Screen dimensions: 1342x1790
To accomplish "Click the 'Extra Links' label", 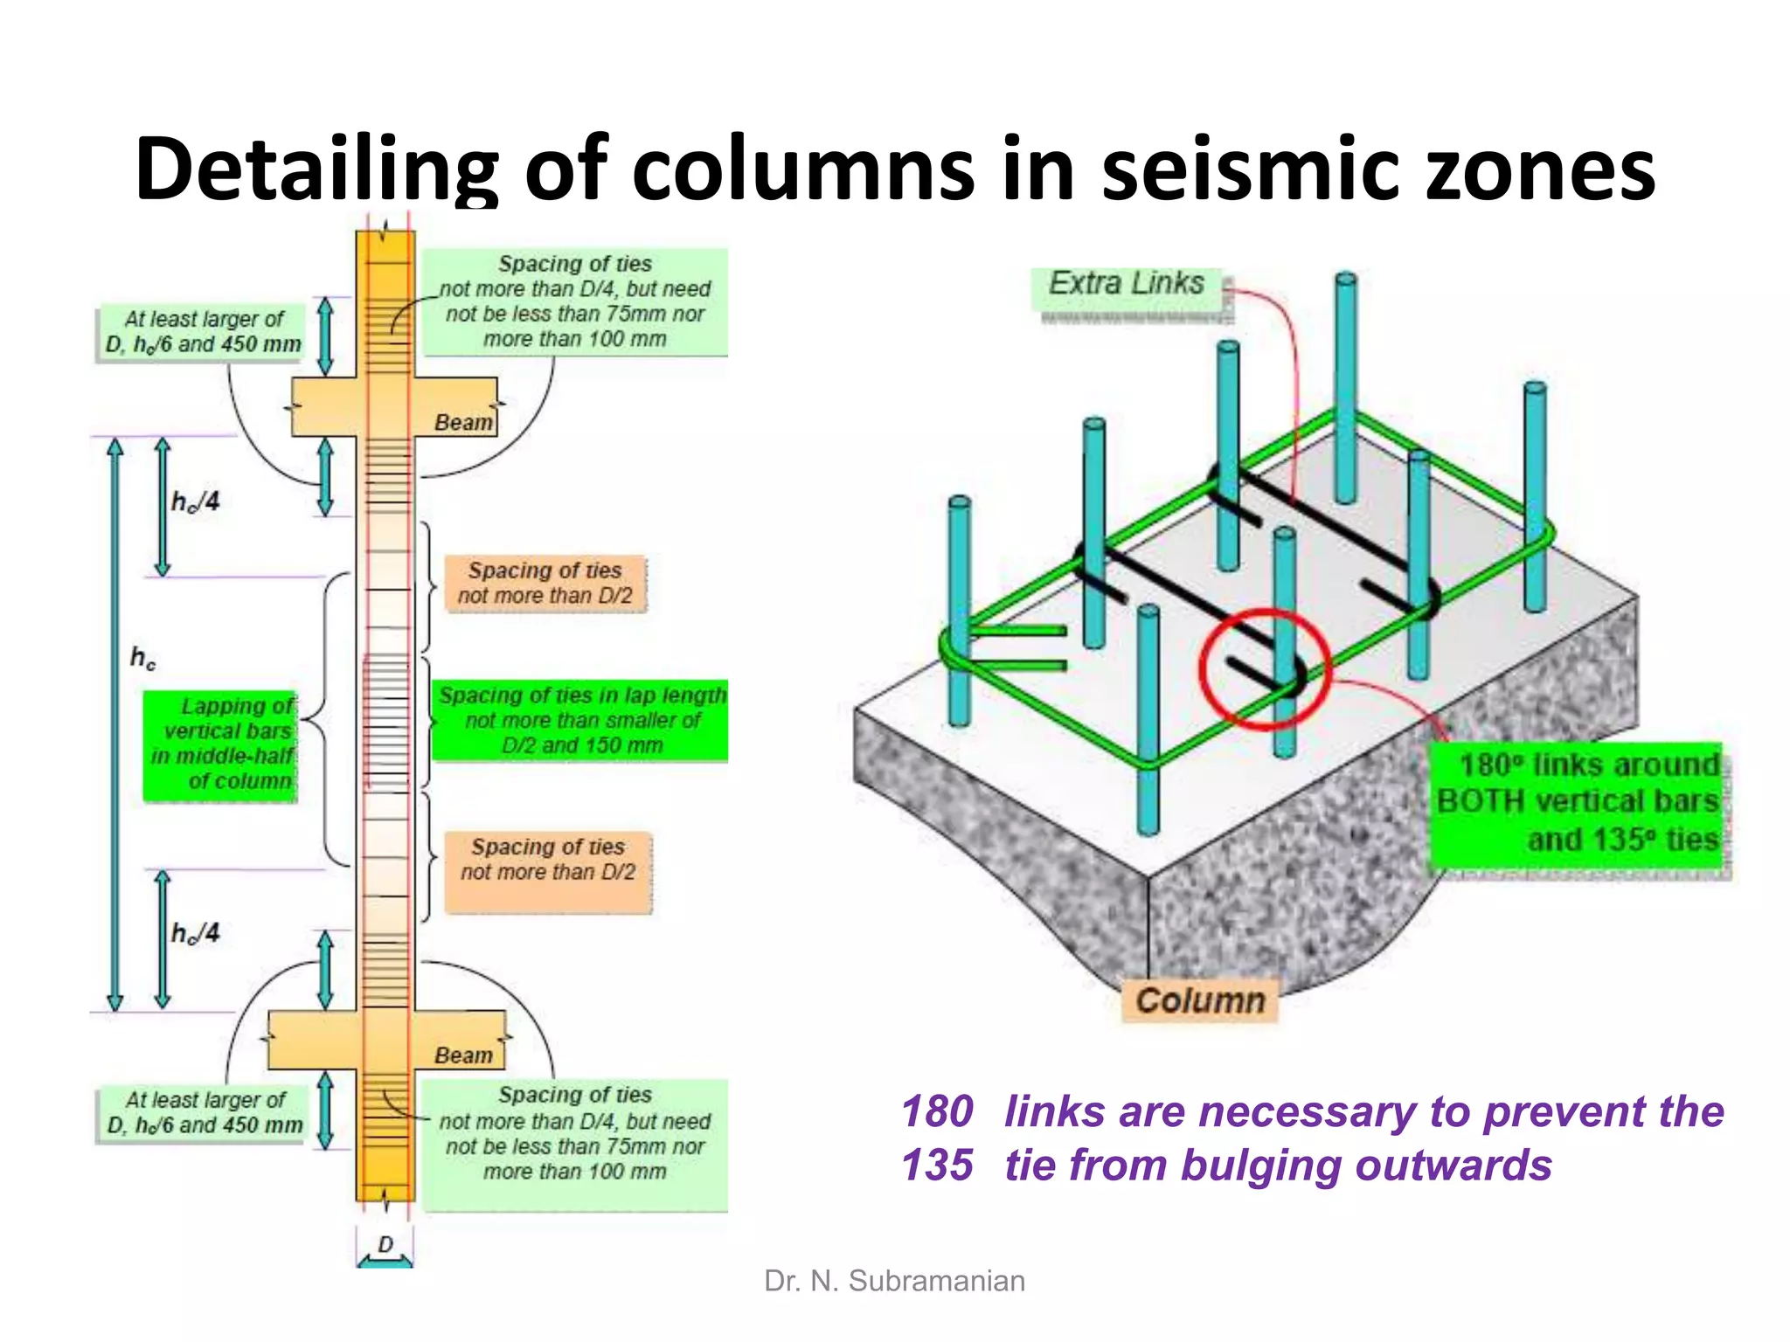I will pyautogui.click(x=1127, y=284).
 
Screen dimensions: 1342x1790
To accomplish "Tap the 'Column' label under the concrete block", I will pyautogui.click(x=1200, y=1000).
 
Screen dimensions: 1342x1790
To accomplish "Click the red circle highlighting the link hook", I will pyautogui.click(x=1265, y=668).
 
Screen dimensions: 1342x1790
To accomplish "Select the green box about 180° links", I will pyautogui.click(x=1578, y=802).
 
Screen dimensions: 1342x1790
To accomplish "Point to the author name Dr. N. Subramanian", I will pyautogui.click(x=894, y=1281).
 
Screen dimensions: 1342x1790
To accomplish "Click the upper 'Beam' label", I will pyautogui.click(x=463, y=423).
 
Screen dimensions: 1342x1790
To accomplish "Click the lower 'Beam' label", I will pyautogui.click(x=463, y=1055).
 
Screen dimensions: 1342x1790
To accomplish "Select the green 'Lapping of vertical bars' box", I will pyautogui.click(x=221, y=744).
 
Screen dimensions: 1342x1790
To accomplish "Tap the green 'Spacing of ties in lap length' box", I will pyautogui.click(x=581, y=721).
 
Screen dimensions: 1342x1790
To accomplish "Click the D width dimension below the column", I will pyautogui.click(x=385, y=1244).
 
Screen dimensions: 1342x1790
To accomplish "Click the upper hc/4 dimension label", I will pyautogui.click(x=195, y=502).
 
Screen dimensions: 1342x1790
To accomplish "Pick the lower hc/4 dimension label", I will pyautogui.click(x=195, y=933).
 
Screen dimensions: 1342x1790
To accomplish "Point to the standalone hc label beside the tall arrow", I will pyautogui.click(x=142, y=657).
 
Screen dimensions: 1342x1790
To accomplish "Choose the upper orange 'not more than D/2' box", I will pyautogui.click(x=545, y=584).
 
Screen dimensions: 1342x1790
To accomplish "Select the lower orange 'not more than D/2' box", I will pyautogui.click(x=548, y=861).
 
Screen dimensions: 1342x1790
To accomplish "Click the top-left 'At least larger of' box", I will pyautogui.click(x=203, y=332).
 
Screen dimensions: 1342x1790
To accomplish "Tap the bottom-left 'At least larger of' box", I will pyautogui.click(x=205, y=1113).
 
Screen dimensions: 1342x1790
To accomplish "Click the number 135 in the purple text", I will pyautogui.click(x=936, y=1166).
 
